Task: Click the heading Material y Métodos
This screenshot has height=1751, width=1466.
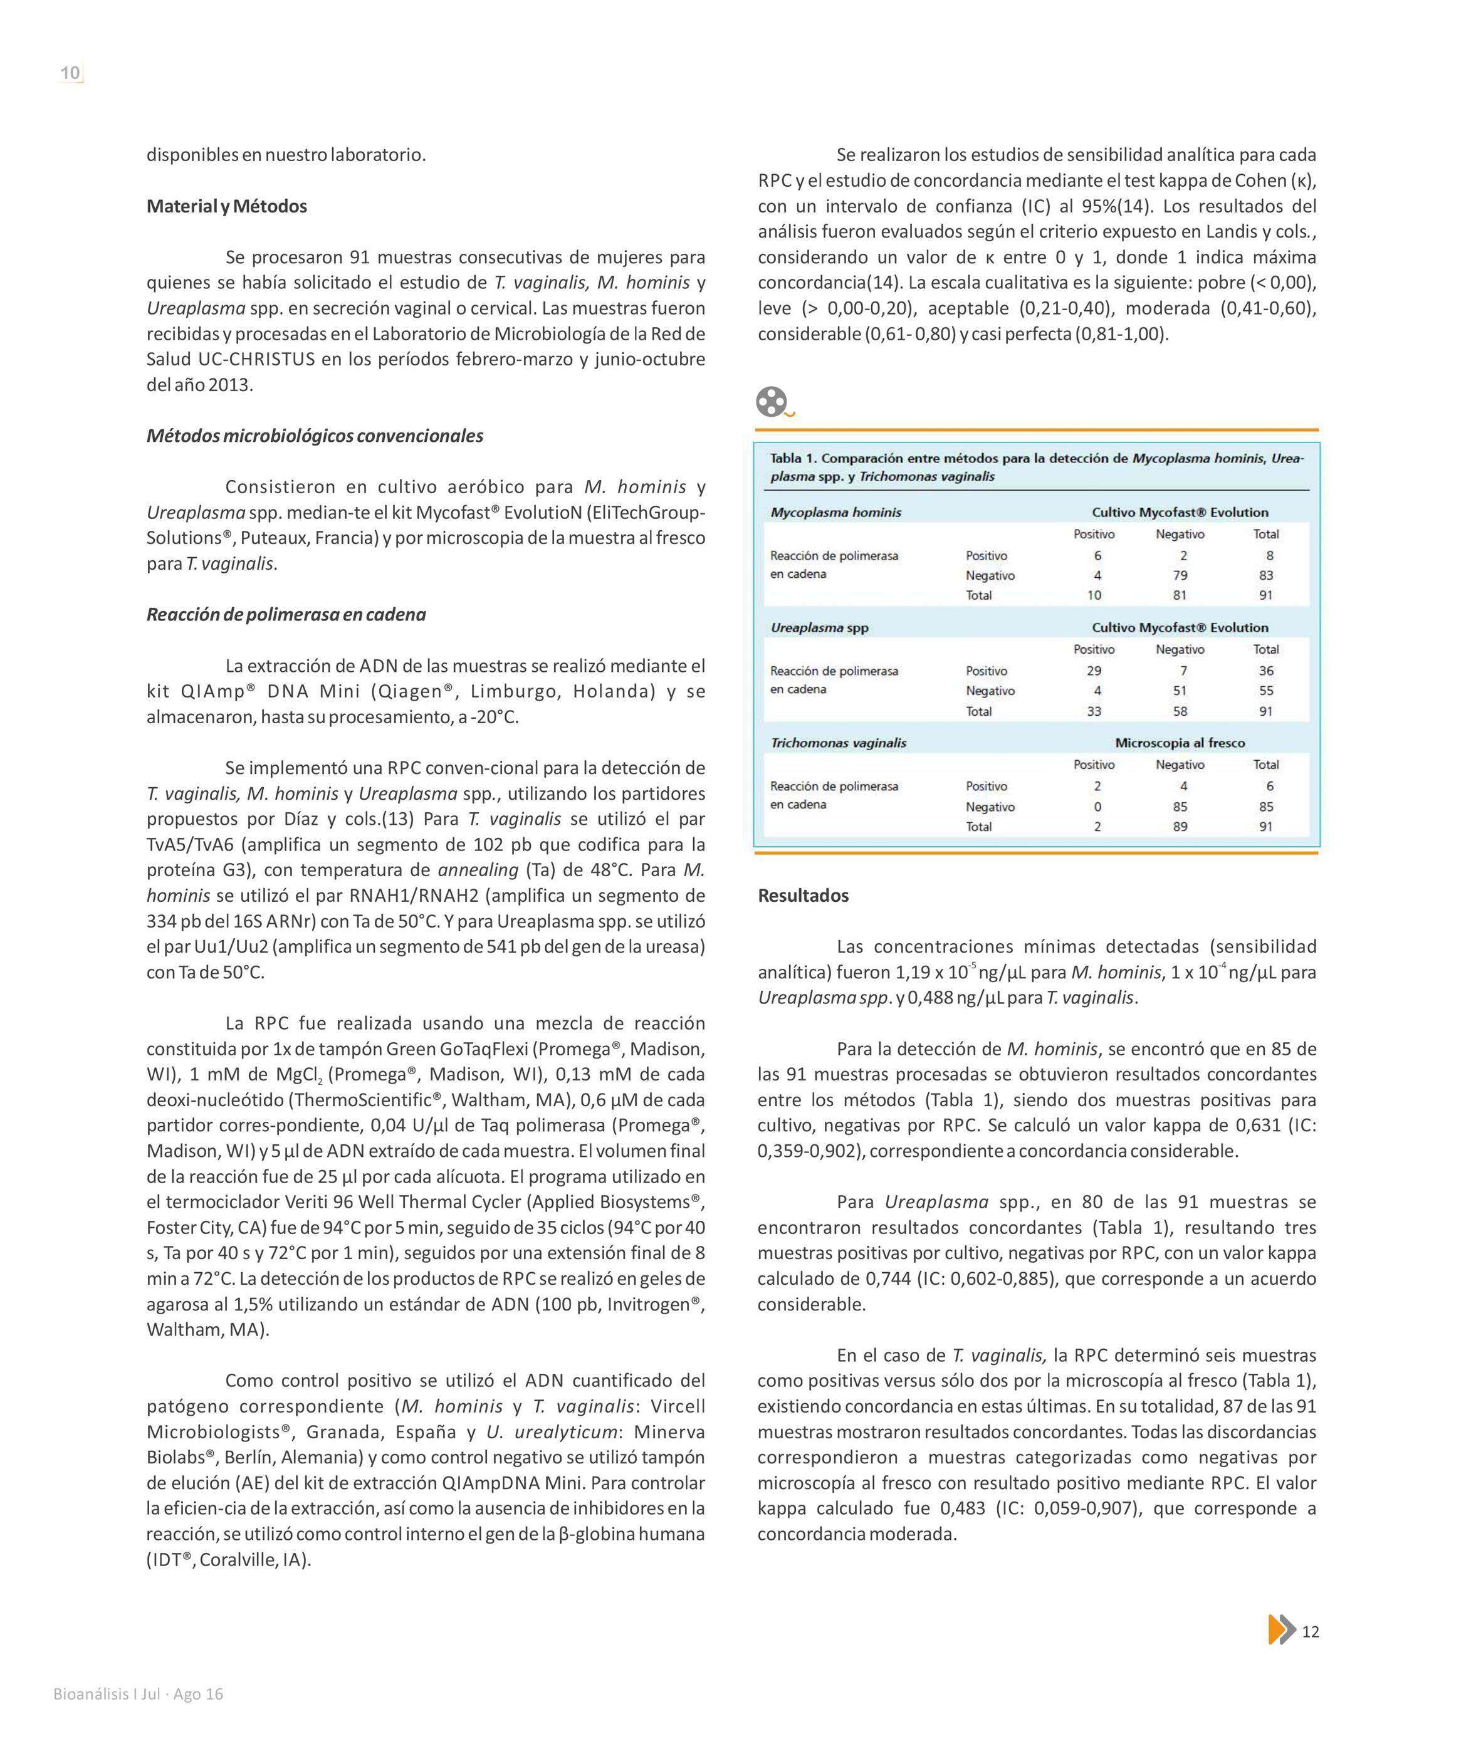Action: (x=227, y=206)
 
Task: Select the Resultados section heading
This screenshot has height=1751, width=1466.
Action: (x=803, y=896)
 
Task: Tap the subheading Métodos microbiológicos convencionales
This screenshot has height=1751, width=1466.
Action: (x=315, y=436)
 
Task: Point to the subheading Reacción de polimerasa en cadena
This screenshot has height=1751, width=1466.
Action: (x=286, y=615)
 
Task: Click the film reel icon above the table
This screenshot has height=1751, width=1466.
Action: (x=772, y=402)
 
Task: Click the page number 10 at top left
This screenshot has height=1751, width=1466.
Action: (x=71, y=73)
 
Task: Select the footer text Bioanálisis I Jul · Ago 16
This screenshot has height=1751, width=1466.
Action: (x=139, y=1693)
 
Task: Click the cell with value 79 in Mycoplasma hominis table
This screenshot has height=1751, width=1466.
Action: (x=1180, y=575)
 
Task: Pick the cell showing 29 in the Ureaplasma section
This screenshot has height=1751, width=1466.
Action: (x=1094, y=671)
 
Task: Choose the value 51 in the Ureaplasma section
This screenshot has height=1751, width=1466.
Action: (x=1180, y=691)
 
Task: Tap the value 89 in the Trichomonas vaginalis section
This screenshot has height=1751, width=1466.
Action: (x=1180, y=827)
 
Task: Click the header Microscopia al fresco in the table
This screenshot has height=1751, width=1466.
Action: (x=1180, y=742)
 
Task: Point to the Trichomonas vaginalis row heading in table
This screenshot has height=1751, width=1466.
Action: (x=838, y=742)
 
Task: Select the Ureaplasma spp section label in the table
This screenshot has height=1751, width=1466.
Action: (x=819, y=627)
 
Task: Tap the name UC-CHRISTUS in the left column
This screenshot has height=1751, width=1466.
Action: (x=256, y=359)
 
